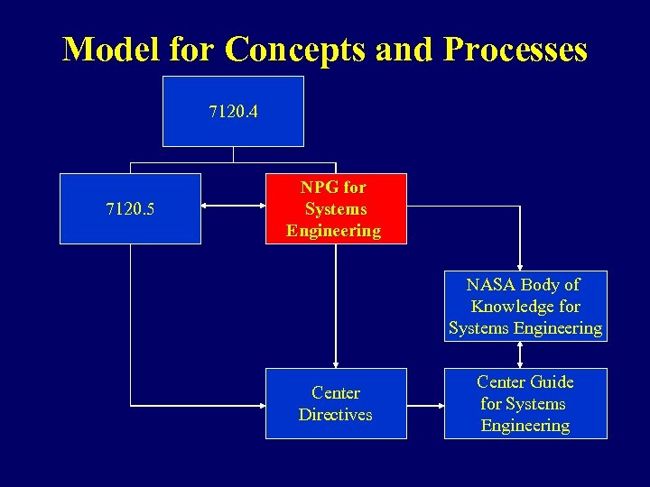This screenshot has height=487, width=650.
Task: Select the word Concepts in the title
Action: pyautogui.click(x=295, y=49)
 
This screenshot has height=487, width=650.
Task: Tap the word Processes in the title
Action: pyautogui.click(x=515, y=49)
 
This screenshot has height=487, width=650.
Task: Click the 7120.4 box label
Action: pyautogui.click(x=233, y=112)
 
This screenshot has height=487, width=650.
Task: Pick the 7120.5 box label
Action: pyautogui.click(x=130, y=209)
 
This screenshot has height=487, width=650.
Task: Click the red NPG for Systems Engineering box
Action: pyautogui.click(x=336, y=209)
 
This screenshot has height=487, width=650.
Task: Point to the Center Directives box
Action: pyautogui.click(x=336, y=404)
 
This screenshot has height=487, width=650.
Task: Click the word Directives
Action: pyautogui.click(x=336, y=415)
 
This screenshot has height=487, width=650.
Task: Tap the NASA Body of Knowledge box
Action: pyautogui.click(x=525, y=307)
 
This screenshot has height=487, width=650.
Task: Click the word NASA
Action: pyautogui.click(x=487, y=285)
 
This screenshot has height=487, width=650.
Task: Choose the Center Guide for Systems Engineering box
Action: pyautogui.click(x=525, y=404)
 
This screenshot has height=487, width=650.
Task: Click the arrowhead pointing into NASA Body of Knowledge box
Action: pyautogui.click(x=520, y=265)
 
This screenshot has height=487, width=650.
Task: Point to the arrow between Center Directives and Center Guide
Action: pyautogui.click(x=425, y=403)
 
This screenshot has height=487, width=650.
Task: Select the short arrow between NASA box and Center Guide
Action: pyautogui.click(x=520, y=355)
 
